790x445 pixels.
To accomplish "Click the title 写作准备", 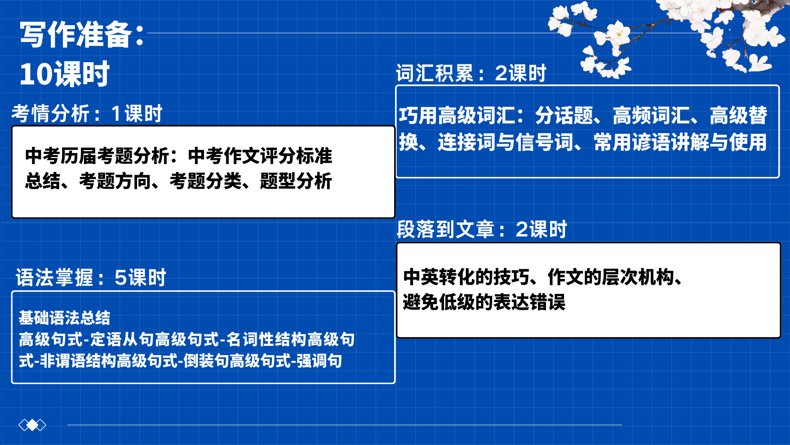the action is [x=76, y=34].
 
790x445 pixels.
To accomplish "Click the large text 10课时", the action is [x=65, y=74].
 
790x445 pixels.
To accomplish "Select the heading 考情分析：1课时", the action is [x=87, y=113].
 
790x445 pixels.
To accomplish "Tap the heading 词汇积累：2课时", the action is [x=471, y=73].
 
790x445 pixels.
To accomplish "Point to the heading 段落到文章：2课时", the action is [x=482, y=229].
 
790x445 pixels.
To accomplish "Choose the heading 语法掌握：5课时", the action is [x=91, y=277].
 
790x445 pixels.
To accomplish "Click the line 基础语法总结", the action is [x=65, y=318].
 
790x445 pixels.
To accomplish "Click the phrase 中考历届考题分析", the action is [x=97, y=156].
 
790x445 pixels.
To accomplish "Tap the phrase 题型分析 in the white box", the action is [x=296, y=181].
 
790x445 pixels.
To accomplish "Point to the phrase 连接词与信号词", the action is [x=505, y=142].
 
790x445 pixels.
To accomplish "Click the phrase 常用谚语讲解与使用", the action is [x=680, y=142].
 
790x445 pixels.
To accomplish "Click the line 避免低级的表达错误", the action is [x=484, y=302].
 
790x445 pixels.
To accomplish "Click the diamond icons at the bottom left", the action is [x=33, y=425].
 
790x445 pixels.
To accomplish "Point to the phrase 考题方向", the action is [x=115, y=181].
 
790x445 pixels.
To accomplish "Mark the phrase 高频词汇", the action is [x=651, y=115].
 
